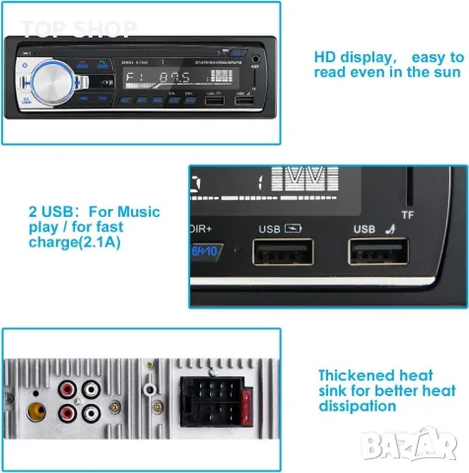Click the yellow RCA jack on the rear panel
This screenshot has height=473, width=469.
[37, 404]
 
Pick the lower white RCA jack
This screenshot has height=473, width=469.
[93, 413]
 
